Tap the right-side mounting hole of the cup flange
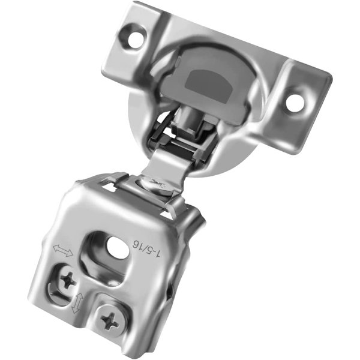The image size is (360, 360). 295,103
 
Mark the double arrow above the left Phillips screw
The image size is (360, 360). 62,250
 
